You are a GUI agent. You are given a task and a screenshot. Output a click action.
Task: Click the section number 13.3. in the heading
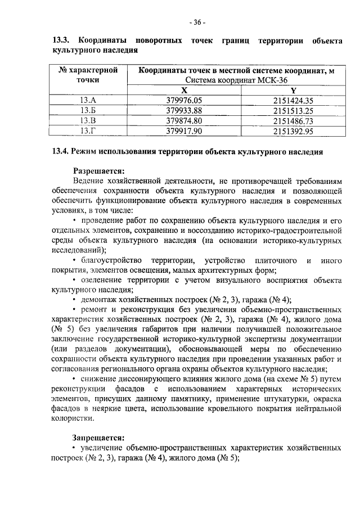pyautogui.click(x=61, y=41)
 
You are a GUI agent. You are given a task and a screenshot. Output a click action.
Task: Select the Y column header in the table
pyautogui.click(x=293, y=91)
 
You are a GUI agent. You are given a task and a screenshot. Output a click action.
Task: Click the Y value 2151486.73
pyautogui.click(x=293, y=121)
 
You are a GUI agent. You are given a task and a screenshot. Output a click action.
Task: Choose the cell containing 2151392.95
pyautogui.click(x=293, y=131)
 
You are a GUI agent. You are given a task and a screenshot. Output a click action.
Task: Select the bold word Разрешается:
pyautogui.click(x=99, y=170)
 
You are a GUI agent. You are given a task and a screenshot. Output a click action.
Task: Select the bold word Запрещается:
pyautogui.click(x=99, y=437)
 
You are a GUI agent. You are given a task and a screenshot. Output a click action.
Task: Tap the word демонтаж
pyautogui.click(x=100, y=300)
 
